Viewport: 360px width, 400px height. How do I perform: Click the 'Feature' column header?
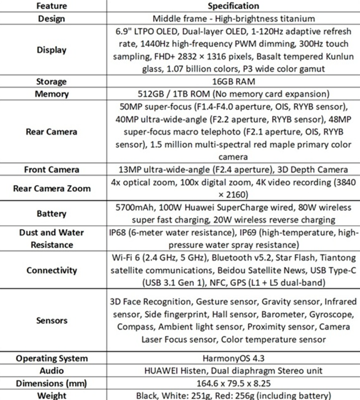pos(52,6)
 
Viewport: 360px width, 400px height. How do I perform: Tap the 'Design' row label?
pos(52,18)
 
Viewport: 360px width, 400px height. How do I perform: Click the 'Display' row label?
pos(52,50)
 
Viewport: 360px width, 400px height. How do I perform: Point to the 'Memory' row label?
pos(52,94)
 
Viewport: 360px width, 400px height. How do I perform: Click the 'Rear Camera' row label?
pos(52,132)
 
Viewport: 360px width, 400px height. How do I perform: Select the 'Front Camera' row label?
pos(52,170)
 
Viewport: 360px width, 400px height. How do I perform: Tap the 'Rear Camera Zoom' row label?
pos(52,189)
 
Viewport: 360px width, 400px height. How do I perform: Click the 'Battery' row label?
pos(52,214)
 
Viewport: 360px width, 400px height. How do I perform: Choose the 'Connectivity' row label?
pos(52,270)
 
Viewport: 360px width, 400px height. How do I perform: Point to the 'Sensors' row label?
pos(52,320)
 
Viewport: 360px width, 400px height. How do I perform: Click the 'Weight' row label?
pos(52,396)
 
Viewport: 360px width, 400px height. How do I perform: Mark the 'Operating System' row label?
pos(52,359)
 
